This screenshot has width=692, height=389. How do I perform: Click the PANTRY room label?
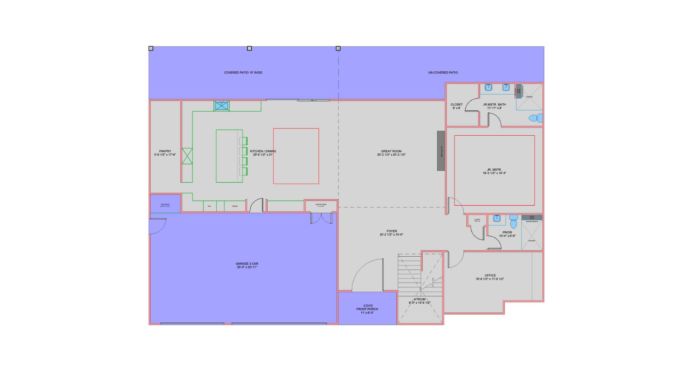(165, 151)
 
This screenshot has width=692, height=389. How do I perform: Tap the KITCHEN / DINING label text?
(263, 151)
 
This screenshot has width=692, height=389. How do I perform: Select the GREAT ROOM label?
(391, 151)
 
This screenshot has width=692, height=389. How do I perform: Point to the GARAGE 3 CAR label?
(247, 264)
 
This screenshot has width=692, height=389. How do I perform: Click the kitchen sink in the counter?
(221, 105)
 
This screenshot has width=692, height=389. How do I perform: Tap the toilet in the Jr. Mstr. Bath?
(535, 118)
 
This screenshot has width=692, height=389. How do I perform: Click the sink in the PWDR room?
(497, 219)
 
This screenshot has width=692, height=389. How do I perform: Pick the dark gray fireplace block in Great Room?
(441, 151)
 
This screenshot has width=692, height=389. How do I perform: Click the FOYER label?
(391, 231)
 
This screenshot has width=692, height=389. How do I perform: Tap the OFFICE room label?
(490, 275)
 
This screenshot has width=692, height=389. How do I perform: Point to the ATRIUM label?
(419, 299)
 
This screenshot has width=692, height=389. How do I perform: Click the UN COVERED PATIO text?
(443, 73)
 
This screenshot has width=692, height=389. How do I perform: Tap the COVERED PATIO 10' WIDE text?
(243, 73)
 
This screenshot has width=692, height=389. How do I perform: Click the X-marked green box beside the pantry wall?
(187, 156)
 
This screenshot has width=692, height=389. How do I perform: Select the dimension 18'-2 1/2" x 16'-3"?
(494, 173)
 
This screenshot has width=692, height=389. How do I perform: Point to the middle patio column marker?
(249, 48)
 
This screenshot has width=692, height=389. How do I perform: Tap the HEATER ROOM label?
(320, 205)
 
